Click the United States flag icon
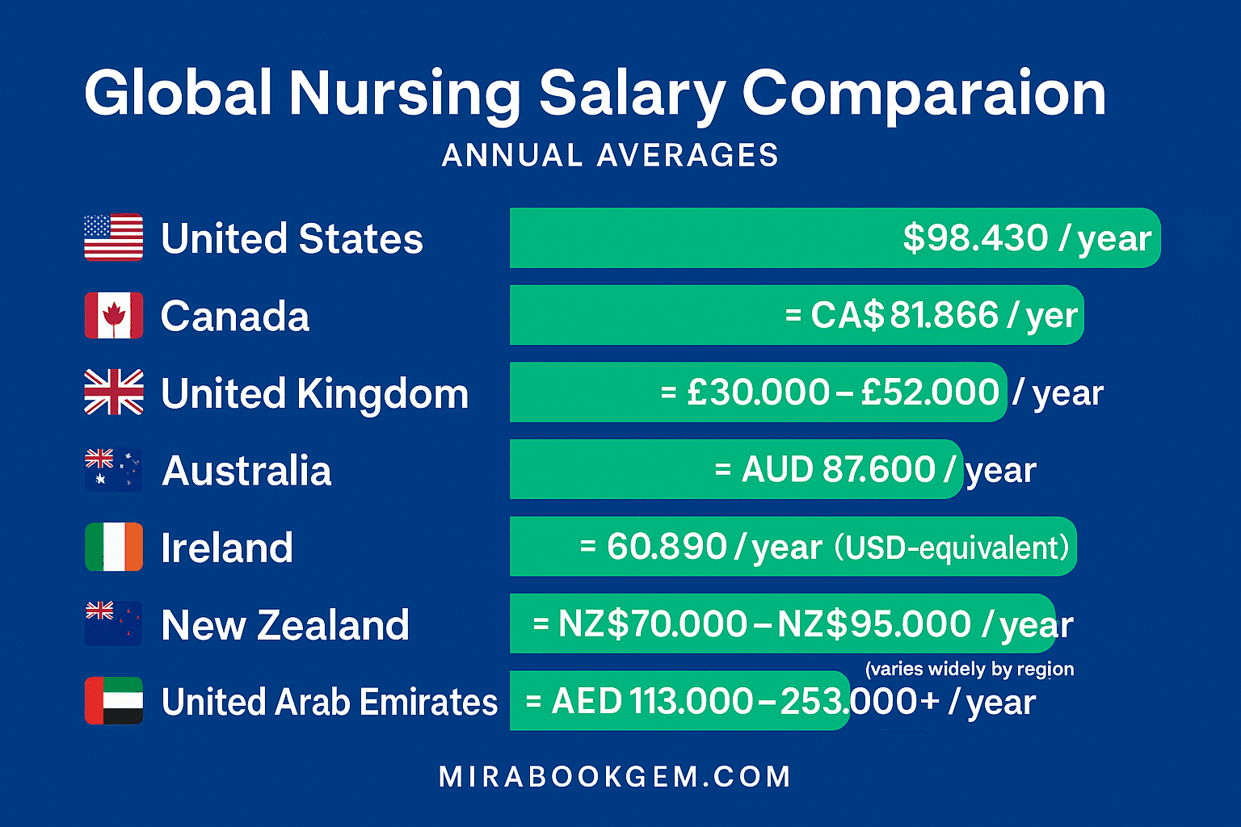pos(114,237)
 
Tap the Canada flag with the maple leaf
pos(114,315)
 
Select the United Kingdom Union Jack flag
pos(114,393)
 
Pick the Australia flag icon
pos(114,470)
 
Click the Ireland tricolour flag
pos(114,547)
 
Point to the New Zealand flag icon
pos(114,623)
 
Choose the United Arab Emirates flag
pos(114,701)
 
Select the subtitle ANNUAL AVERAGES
pos(610,155)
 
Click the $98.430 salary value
pos(975,238)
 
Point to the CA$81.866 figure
pos(905,315)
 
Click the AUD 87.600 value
pos(838,470)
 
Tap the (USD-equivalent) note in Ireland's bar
pos(952,548)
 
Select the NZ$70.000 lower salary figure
pos(653,624)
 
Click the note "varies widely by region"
pos(970,670)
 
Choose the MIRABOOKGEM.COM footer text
pos(615,777)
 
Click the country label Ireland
pos(227,548)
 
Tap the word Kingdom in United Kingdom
pos(382,394)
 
